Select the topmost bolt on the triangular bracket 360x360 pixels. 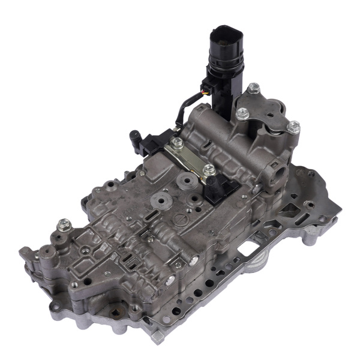253,88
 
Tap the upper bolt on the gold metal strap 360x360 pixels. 178,143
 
